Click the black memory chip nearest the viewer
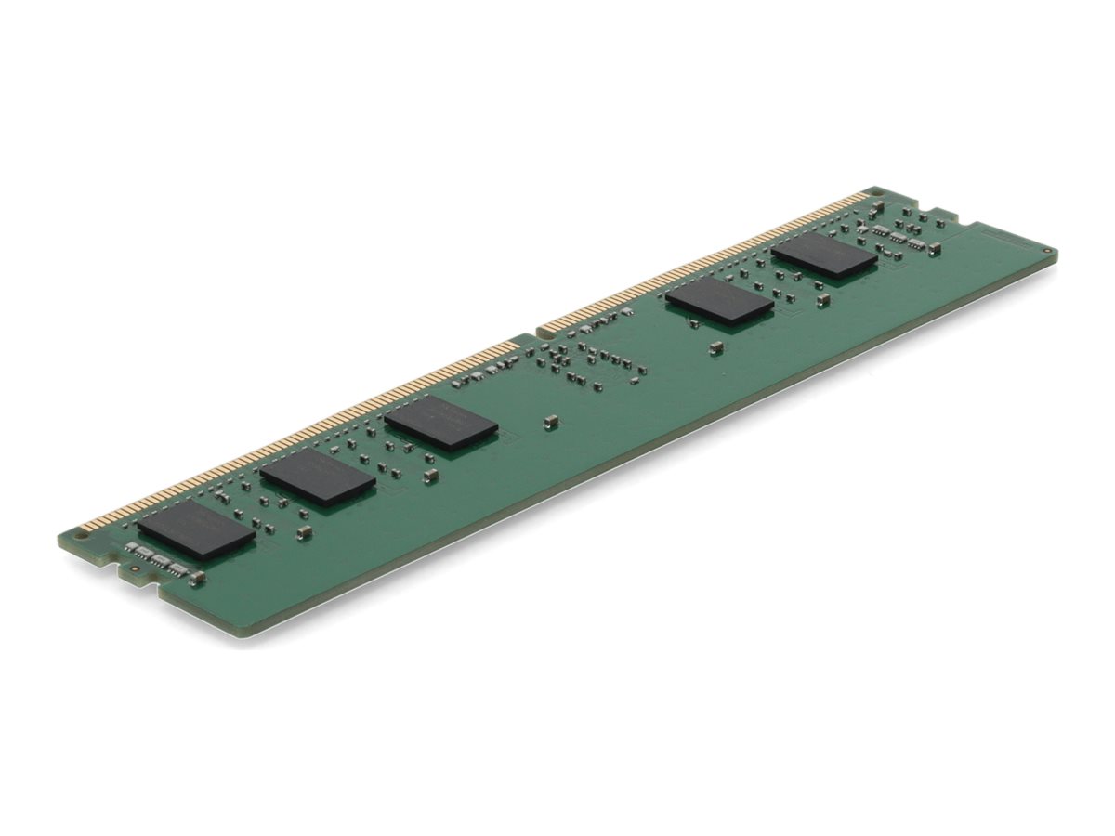pyautogui.click(x=196, y=530)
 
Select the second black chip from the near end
pyautogui.click(x=318, y=477)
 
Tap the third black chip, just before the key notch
pyautogui.click(x=440, y=424)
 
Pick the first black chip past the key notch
pyautogui.click(x=718, y=301)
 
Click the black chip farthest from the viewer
pyautogui.click(x=823, y=255)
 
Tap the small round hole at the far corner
pyautogui.click(x=1047, y=251)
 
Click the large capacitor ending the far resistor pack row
pyautogui.click(x=933, y=248)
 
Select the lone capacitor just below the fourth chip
pyautogui.click(x=715, y=347)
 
